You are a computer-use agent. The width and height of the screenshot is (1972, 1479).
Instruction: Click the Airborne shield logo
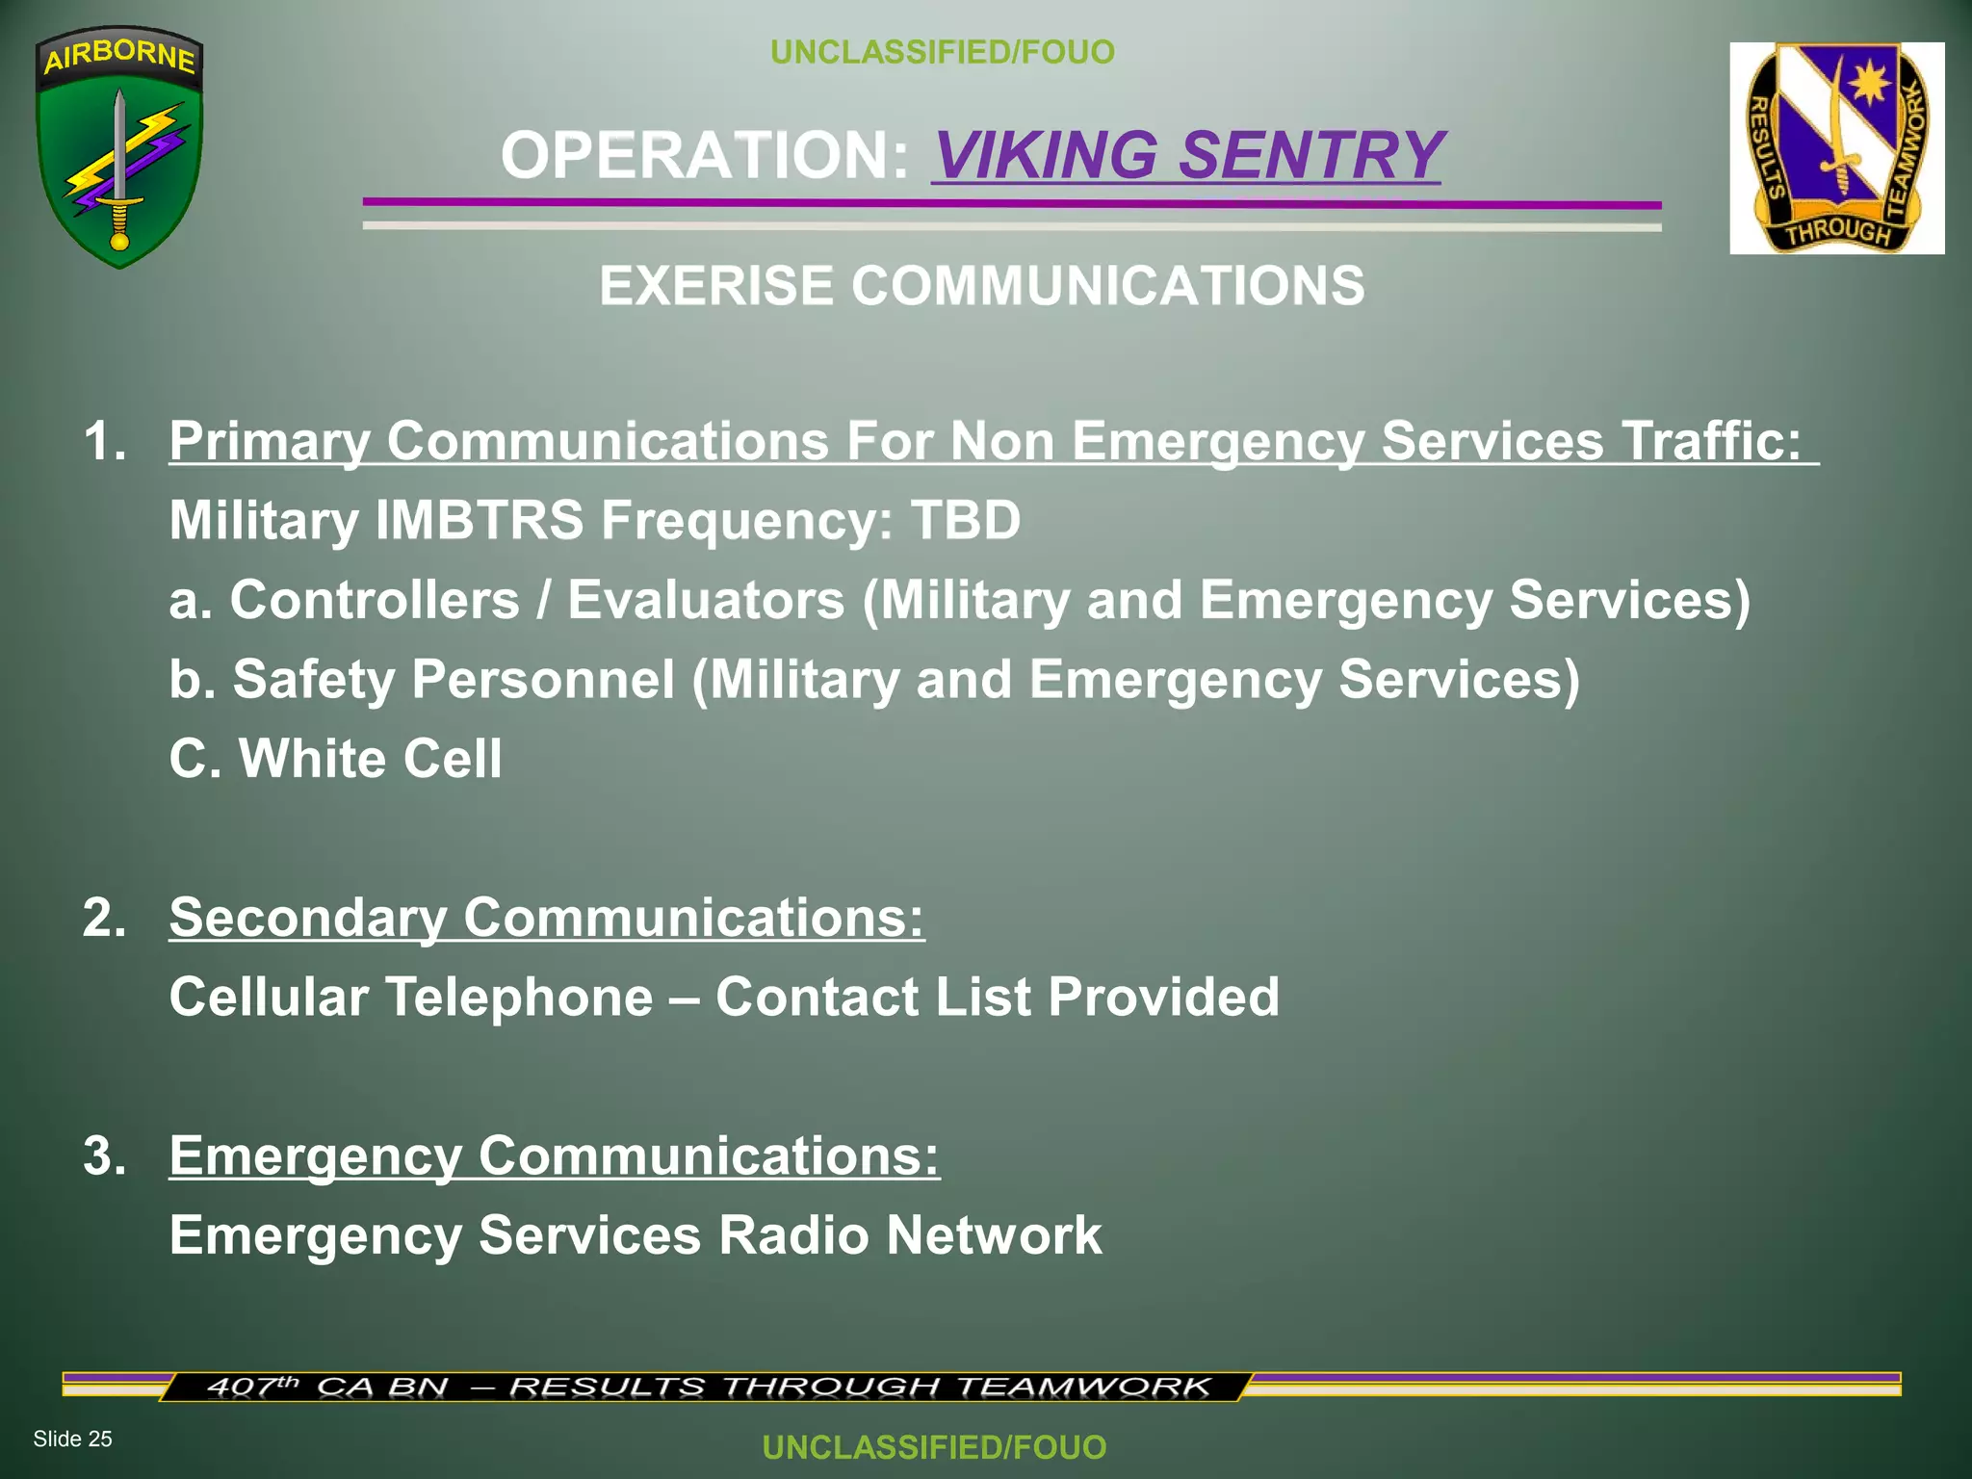119,147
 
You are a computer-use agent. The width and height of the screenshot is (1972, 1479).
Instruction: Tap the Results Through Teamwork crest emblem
1836,148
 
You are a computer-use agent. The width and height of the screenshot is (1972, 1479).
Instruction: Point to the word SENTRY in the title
1310,155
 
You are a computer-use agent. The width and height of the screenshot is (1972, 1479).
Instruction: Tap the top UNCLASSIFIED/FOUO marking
942,52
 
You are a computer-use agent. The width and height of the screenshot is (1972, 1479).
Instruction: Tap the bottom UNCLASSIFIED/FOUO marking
934,1447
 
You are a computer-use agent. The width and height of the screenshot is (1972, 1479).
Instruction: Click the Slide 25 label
72,1439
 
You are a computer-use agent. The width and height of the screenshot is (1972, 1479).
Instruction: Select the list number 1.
105,441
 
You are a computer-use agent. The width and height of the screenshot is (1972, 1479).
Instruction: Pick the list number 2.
105,917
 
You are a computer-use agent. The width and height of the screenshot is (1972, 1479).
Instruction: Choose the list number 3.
105,1155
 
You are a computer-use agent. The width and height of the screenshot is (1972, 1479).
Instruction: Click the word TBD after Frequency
965,520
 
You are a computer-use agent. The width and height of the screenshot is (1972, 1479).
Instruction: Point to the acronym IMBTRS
479,520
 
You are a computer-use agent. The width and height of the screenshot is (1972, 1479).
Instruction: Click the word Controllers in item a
375,600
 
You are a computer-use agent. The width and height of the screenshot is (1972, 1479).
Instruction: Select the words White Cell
370,758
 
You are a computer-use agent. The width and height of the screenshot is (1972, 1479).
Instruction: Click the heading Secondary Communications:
547,917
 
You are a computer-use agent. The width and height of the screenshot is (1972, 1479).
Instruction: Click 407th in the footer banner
252,1387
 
